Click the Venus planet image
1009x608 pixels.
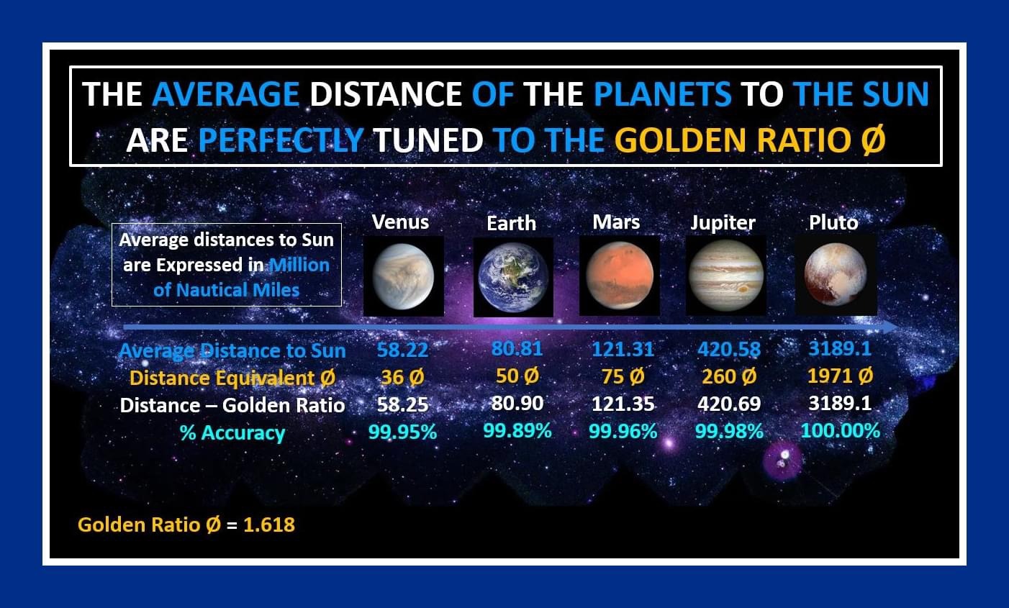tap(404, 276)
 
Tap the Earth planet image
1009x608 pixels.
tap(514, 277)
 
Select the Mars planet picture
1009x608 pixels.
tap(620, 276)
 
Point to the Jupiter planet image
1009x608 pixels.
tap(726, 276)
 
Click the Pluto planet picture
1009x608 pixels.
tap(836, 275)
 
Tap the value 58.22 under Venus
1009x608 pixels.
tap(402, 350)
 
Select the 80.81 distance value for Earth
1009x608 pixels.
tap(517, 348)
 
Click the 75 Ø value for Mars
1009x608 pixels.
tap(623, 376)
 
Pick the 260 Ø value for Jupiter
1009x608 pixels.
tap(729, 376)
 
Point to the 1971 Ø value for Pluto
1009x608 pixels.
tap(840, 376)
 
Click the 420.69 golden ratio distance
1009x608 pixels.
tap(729, 404)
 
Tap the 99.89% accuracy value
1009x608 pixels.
tap(517, 431)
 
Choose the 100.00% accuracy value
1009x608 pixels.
tap(840, 431)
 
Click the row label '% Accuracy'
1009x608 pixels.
tap(232, 433)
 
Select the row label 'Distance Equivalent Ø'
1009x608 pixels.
tap(232, 378)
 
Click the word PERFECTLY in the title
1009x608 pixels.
tap(281, 140)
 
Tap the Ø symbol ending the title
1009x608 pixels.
tap(873, 140)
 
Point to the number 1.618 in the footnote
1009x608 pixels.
tap(269, 525)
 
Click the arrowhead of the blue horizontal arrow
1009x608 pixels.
tap(890, 327)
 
